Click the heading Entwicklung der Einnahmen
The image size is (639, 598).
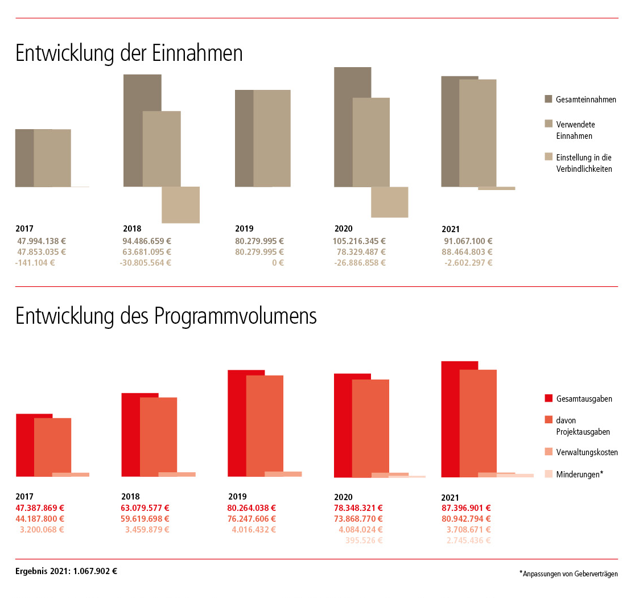tap(129, 53)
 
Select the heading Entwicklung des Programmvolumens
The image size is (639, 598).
tap(166, 316)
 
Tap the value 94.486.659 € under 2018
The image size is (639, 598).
tap(147, 241)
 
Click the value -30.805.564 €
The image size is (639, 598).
tap(146, 262)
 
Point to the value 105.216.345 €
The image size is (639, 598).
tap(359, 241)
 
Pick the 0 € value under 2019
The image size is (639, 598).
tap(278, 262)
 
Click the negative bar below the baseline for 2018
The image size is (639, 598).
tap(180, 205)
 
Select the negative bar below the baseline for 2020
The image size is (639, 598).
tap(389, 202)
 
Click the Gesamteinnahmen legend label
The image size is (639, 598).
tap(586, 100)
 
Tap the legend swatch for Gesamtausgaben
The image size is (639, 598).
tap(549, 398)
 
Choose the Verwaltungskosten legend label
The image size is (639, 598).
tap(587, 452)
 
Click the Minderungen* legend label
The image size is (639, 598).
tap(579, 474)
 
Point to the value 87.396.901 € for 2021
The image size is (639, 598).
tap(466, 508)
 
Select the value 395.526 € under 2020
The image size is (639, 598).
tap(364, 541)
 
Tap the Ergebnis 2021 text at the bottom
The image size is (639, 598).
tap(67, 571)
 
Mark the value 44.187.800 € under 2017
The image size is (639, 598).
tap(40, 518)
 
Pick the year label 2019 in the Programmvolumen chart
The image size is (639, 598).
tap(237, 496)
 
